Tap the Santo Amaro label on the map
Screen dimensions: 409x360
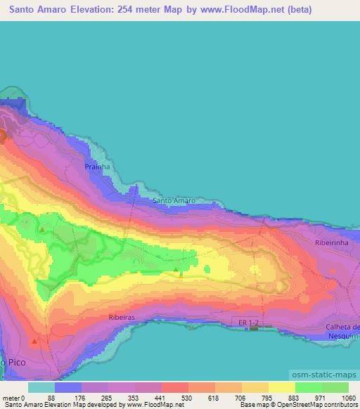[x=174, y=201]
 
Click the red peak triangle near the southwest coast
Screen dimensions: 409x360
[x=35, y=342]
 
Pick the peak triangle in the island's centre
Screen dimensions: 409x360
[x=176, y=268]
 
